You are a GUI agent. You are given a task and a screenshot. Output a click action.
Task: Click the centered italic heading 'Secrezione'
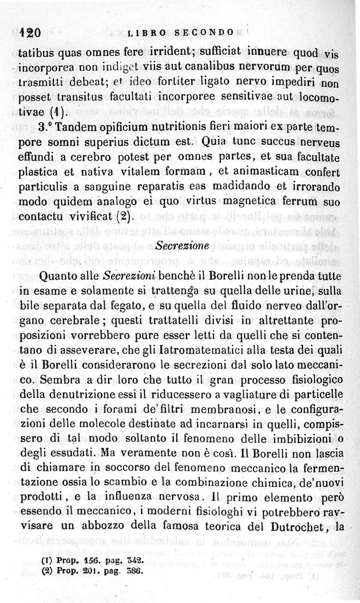tap(182, 246)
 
